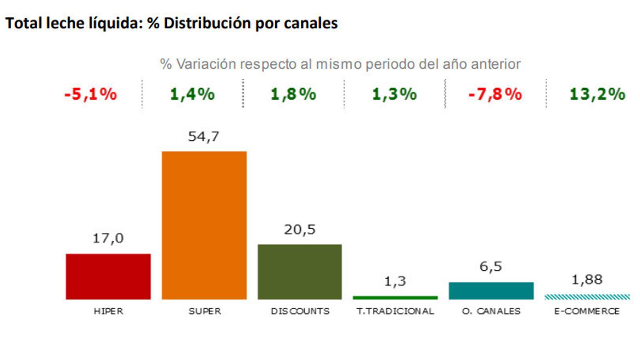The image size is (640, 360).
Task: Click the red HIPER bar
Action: point(108,276)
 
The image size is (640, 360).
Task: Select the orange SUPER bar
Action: point(204,225)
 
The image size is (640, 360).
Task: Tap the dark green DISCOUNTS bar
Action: point(300,272)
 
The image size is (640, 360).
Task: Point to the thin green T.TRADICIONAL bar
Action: point(395,298)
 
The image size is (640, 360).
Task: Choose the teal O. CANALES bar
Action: point(491,291)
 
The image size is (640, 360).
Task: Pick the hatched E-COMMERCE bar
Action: point(587,297)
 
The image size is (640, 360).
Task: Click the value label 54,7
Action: point(204,137)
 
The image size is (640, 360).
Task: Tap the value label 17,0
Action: point(108,238)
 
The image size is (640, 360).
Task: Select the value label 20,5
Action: point(300,230)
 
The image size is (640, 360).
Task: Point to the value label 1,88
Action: point(587,280)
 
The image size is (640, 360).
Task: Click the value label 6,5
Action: point(491,266)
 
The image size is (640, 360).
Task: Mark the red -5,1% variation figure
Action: point(90,94)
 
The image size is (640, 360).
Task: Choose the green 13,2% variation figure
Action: point(597,94)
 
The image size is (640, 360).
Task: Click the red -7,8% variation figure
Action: point(495,94)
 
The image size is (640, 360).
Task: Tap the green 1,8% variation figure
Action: point(293,94)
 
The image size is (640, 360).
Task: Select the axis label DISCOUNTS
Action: point(300,311)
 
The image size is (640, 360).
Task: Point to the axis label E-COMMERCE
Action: point(587,311)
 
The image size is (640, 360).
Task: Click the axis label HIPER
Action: point(108,311)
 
